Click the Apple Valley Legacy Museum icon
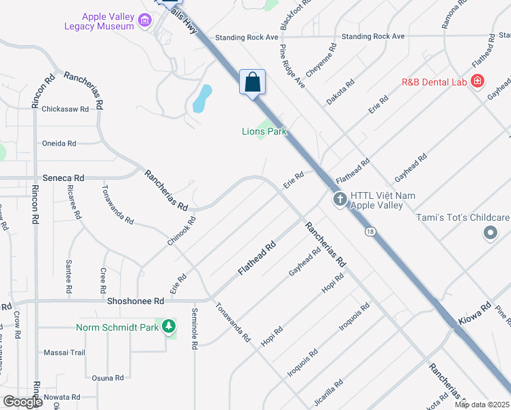pyautogui.click(x=144, y=21)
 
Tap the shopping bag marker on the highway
pyautogui.click(x=252, y=82)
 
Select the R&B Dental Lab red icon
pyautogui.click(x=478, y=82)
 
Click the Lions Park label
pyautogui.click(x=264, y=132)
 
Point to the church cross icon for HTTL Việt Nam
pyautogui.click(x=340, y=200)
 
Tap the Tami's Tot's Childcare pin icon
pyautogui.click(x=490, y=234)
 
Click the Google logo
pyautogui.click(x=23, y=402)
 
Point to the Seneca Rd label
pyautogui.click(x=63, y=178)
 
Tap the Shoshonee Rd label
pyautogui.click(x=136, y=301)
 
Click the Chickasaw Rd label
pyautogui.click(x=65, y=109)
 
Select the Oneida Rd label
pyautogui.click(x=59, y=143)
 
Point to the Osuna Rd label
pyautogui.click(x=107, y=377)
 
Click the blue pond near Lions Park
pyautogui.click(x=202, y=98)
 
